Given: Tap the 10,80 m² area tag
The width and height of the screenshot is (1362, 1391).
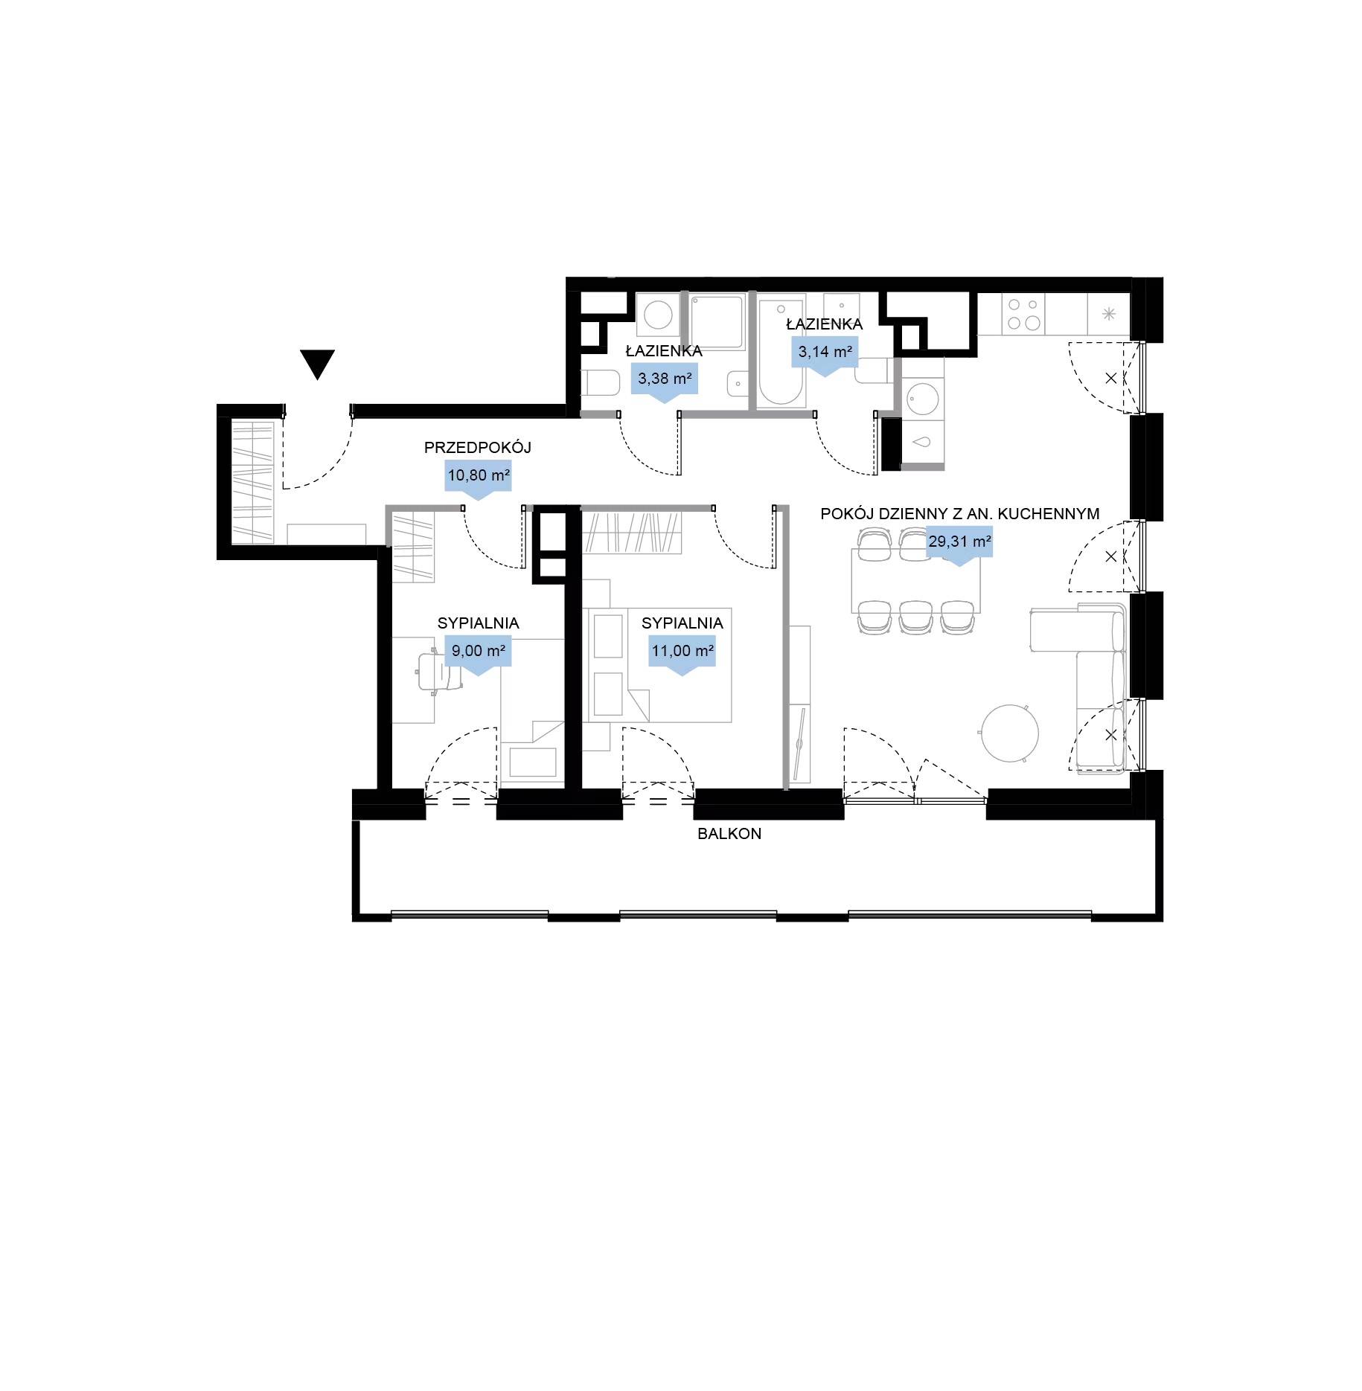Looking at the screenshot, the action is pyautogui.click(x=478, y=477).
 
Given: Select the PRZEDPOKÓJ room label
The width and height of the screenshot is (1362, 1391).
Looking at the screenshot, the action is pyautogui.click(x=477, y=448).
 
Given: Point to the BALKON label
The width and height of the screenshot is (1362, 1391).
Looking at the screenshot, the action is pyautogui.click(x=729, y=834).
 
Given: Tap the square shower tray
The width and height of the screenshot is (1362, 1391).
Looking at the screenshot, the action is pyautogui.click(x=717, y=323).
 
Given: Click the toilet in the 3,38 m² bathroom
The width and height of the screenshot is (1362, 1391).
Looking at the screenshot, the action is pyautogui.click(x=601, y=384).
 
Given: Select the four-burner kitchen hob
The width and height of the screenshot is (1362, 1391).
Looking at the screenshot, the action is pyautogui.click(x=1023, y=314).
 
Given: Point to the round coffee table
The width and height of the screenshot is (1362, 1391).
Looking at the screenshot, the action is pyautogui.click(x=1009, y=733).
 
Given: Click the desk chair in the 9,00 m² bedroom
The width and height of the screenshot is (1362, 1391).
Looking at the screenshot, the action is pyautogui.click(x=436, y=672).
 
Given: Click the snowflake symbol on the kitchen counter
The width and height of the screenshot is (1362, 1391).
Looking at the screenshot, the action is pyautogui.click(x=1108, y=313).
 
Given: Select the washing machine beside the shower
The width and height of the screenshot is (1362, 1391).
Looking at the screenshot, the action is pyautogui.click(x=658, y=315).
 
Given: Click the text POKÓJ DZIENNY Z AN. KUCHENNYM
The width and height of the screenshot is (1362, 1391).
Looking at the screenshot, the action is pyautogui.click(x=960, y=513).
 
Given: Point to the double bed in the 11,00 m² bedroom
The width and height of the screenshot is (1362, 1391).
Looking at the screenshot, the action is pyautogui.click(x=658, y=665).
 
